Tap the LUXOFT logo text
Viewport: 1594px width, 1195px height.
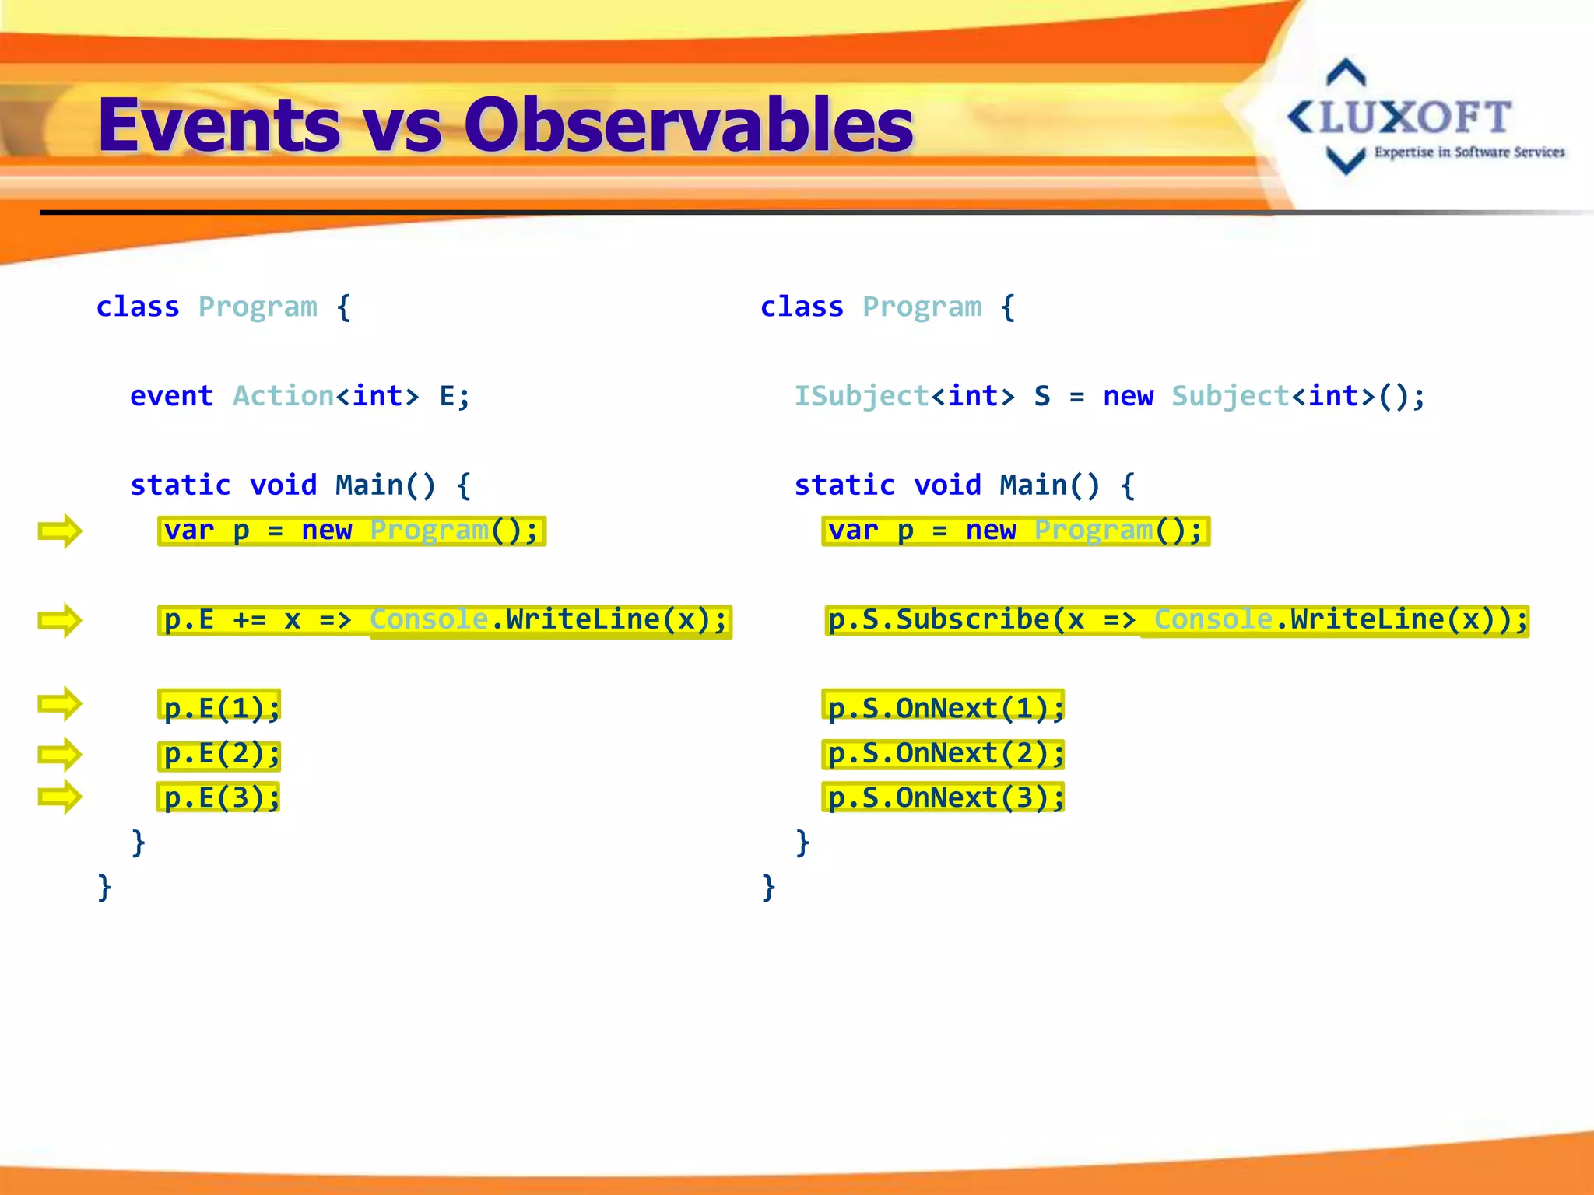point(1415,118)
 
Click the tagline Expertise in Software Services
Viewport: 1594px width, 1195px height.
point(1469,152)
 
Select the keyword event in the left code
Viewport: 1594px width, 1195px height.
point(171,396)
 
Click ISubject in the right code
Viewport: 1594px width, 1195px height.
point(861,396)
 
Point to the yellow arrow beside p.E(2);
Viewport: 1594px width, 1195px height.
point(60,754)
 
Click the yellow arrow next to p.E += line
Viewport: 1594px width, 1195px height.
point(60,620)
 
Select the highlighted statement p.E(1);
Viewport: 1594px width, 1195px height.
point(219,708)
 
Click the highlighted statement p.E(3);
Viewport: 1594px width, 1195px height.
point(219,797)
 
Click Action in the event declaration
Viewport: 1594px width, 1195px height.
point(283,396)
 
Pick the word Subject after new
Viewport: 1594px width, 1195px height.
point(1231,396)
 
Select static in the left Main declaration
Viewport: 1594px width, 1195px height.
point(181,485)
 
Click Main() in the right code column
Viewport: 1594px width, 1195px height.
point(1049,485)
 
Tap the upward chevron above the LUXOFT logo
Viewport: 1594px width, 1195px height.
point(1346,73)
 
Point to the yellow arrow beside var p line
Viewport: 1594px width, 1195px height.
point(60,531)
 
